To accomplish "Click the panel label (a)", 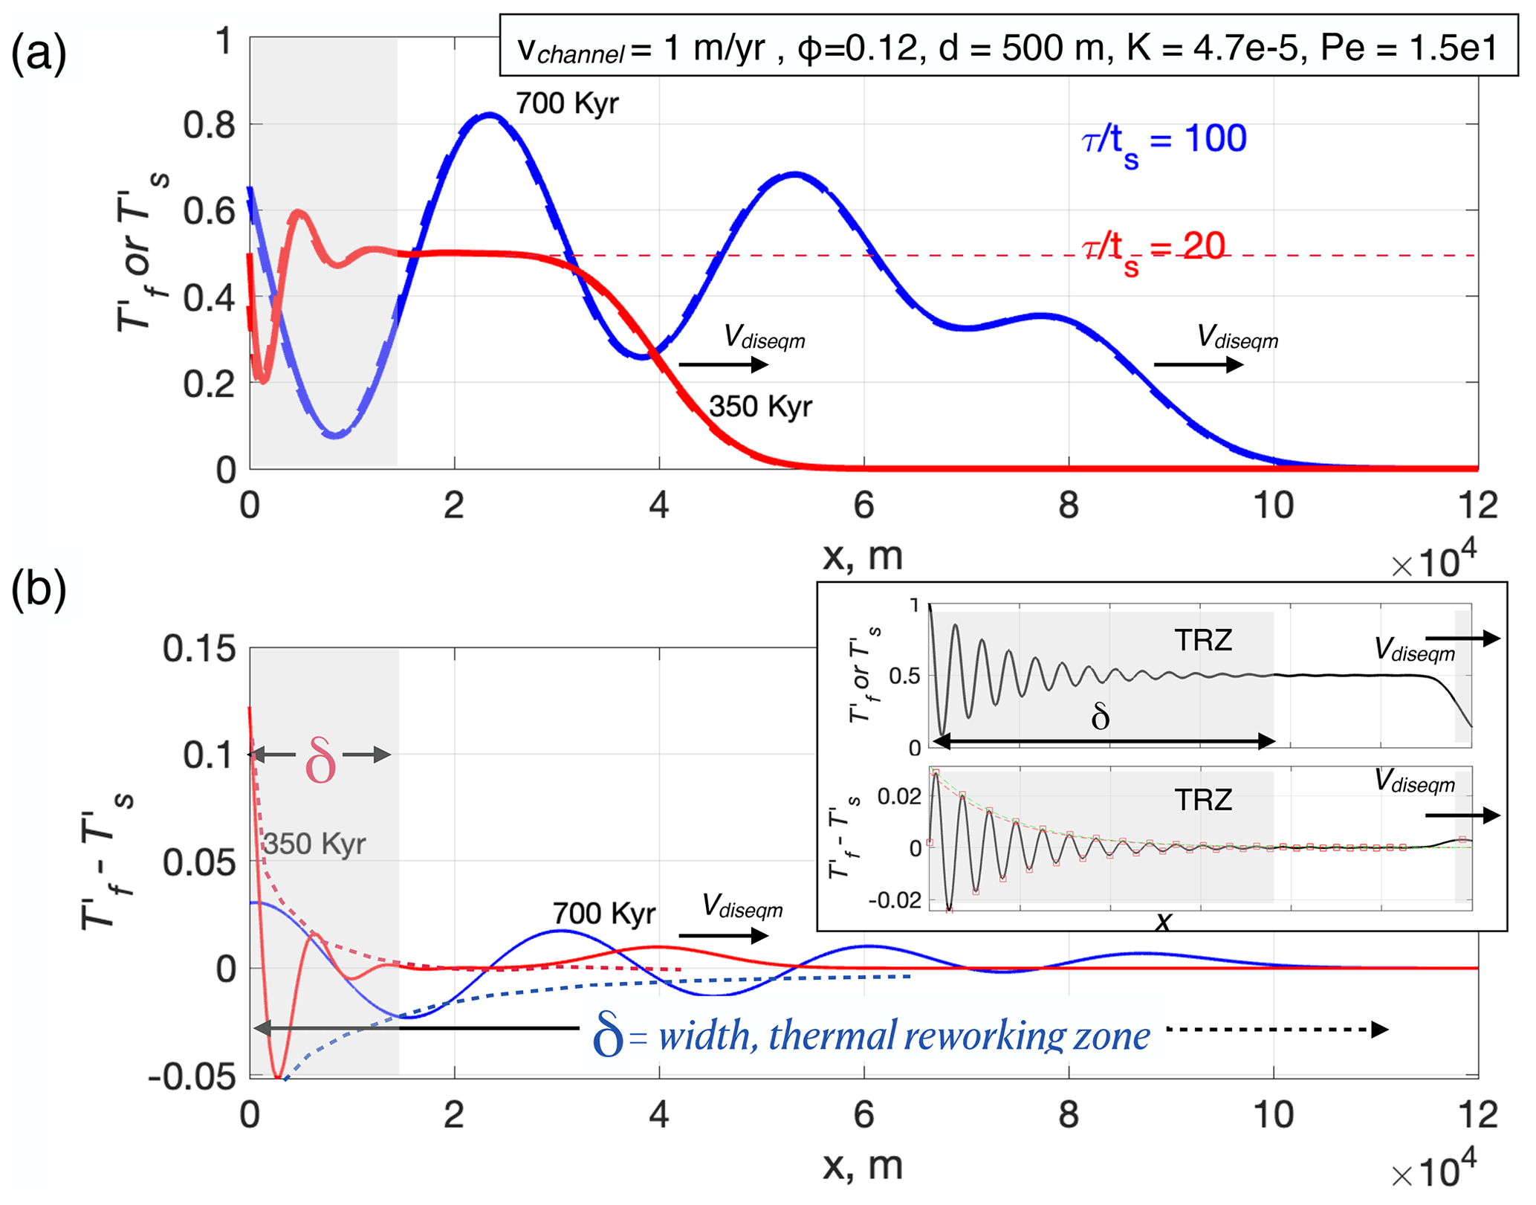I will (x=39, y=54).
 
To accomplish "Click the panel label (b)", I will (x=39, y=589).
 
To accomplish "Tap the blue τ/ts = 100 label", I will (x=1164, y=141).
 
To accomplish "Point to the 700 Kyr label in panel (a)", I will (x=567, y=103).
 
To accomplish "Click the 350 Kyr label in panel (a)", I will (x=760, y=407).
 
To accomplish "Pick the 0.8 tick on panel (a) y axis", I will (x=210, y=126).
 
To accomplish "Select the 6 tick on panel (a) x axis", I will (x=863, y=506).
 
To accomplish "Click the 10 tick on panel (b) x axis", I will (x=1273, y=1116).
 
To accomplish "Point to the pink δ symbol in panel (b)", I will (x=320, y=760).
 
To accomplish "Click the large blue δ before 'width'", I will (x=607, y=1036).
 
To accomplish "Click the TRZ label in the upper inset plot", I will (x=1203, y=640).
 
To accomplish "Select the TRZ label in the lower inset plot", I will (x=1203, y=800).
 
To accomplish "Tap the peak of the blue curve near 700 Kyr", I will (x=488, y=114).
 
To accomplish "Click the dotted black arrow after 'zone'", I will (x=1277, y=1030).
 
